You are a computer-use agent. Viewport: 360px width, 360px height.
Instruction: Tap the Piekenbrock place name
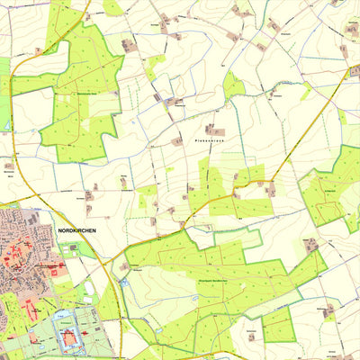(207, 141)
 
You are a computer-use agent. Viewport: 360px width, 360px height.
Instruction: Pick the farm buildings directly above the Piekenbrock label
(212, 130)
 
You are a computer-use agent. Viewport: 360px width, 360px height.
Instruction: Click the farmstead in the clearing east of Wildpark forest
(311, 244)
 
